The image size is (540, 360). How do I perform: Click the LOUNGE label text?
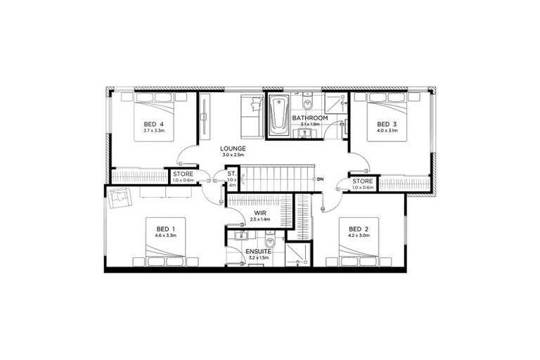click(232, 148)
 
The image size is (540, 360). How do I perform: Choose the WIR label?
click(259, 212)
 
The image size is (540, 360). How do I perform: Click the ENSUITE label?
click(258, 251)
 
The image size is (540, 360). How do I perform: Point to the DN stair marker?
click(320, 179)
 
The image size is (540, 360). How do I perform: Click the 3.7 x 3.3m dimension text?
click(153, 131)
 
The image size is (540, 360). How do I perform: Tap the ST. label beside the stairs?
click(231, 173)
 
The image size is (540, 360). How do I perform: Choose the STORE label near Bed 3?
click(363, 181)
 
